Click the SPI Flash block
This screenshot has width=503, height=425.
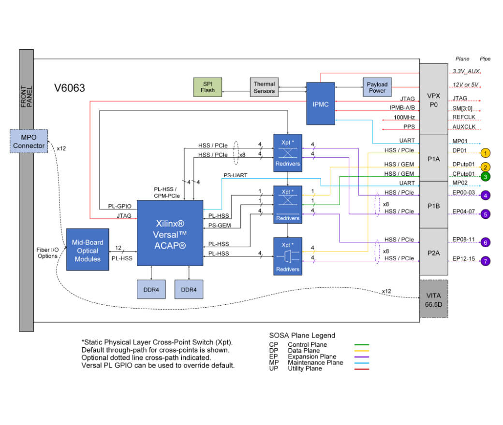click(207, 87)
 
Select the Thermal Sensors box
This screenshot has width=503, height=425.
click(265, 87)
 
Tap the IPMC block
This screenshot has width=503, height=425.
click(320, 104)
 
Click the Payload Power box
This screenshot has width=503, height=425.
click(377, 87)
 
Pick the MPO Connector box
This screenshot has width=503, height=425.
click(29, 141)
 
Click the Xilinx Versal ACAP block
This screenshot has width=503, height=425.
click(170, 232)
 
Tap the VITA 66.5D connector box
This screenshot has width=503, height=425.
click(433, 298)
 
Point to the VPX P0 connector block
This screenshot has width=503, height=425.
click(433, 99)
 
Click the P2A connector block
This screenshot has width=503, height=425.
click(433, 251)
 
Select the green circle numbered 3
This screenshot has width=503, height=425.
click(486, 176)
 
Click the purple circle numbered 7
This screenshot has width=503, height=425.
click(486, 261)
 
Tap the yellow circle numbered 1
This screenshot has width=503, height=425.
click(486, 153)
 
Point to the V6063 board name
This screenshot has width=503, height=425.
click(70, 88)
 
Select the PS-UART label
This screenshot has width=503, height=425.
click(236, 175)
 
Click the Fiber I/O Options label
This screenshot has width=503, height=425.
click(48, 253)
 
